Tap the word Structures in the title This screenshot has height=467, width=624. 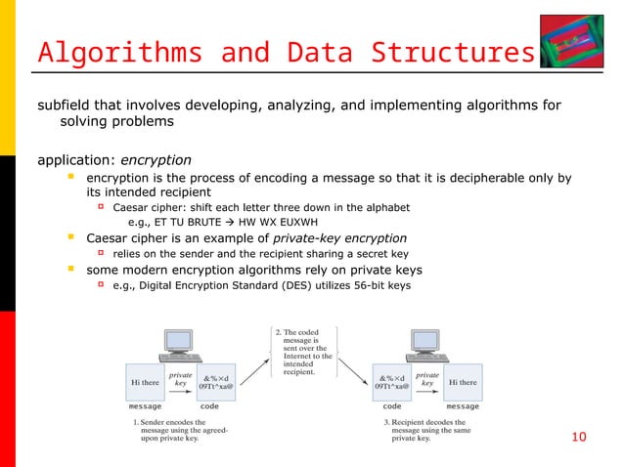pyautogui.click(x=459, y=51)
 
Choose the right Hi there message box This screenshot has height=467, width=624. pyautogui.click(x=463, y=382)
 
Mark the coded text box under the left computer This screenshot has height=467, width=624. pyautogui.click(x=216, y=382)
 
